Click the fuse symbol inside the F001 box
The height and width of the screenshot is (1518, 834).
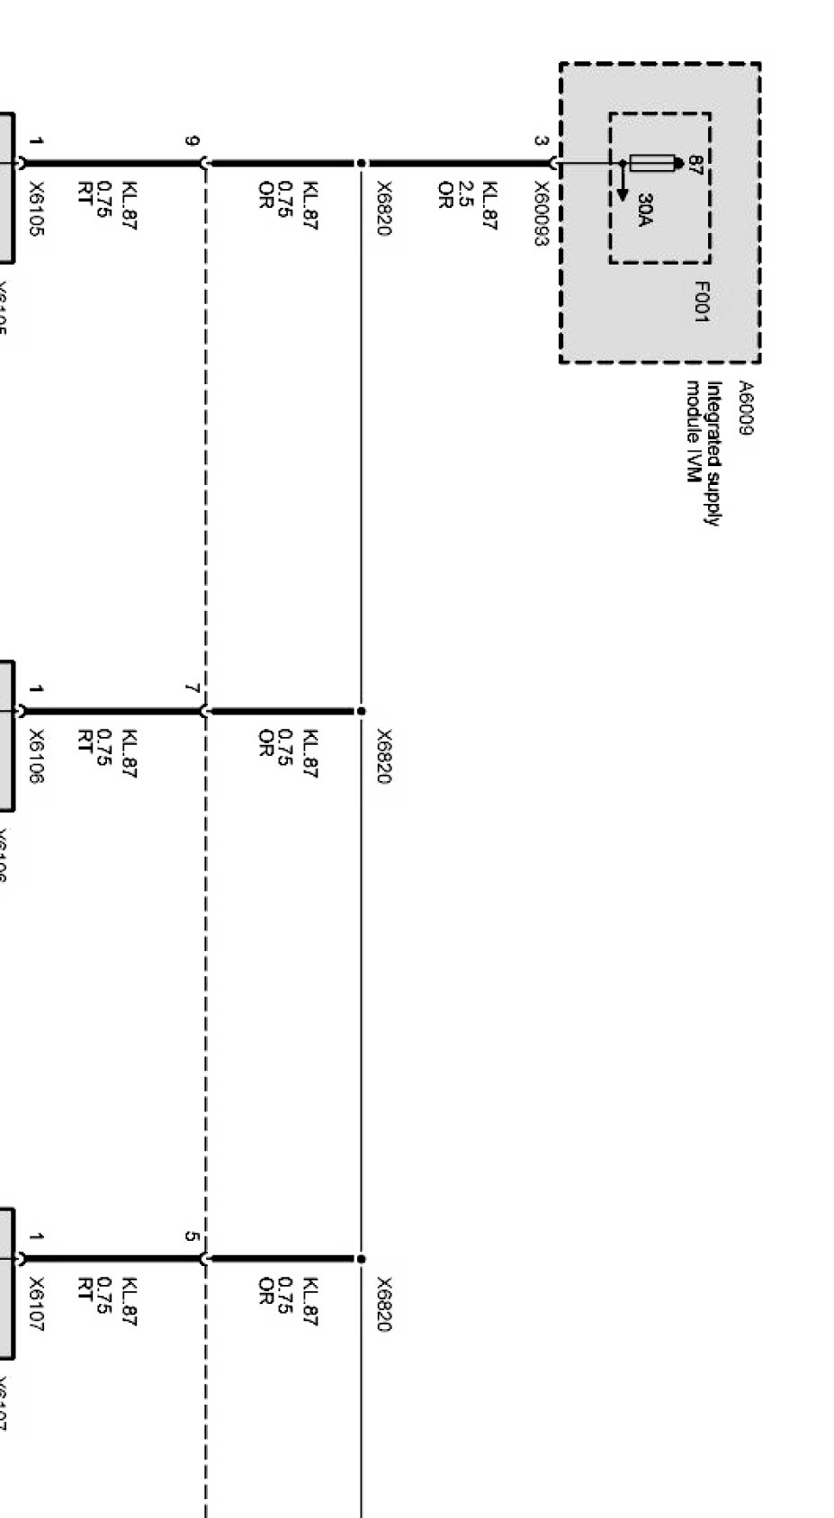click(x=652, y=163)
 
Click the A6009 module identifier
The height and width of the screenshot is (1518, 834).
click(x=746, y=408)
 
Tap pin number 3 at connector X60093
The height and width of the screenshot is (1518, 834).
click(x=540, y=141)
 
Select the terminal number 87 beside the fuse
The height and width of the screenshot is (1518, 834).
click(x=695, y=164)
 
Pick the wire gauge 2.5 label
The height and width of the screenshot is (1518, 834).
click(x=466, y=193)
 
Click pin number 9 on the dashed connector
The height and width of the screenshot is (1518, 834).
click(x=192, y=141)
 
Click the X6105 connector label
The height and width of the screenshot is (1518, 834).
click(x=36, y=210)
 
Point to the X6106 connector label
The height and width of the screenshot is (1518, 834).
click(x=36, y=757)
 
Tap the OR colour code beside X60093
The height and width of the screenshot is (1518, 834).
click(x=444, y=194)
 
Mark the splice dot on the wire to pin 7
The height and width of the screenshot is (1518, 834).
click(x=361, y=711)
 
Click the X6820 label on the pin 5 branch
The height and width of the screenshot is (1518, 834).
click(x=384, y=1304)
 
